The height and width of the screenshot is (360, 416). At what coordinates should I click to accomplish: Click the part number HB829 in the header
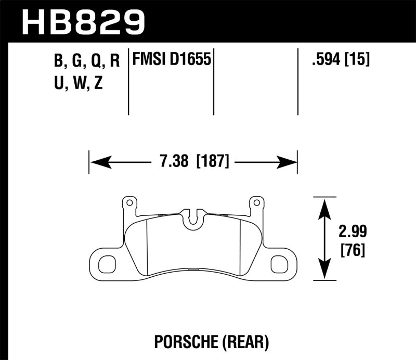83,21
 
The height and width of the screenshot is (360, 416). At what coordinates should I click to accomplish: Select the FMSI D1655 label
172,60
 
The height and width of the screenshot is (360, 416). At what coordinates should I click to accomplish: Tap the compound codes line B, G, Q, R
86,61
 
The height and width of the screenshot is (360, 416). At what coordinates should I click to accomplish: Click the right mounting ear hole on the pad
279,264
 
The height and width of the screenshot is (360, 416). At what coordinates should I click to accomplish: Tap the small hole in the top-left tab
128,202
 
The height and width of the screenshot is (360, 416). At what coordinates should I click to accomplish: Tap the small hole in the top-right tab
255,202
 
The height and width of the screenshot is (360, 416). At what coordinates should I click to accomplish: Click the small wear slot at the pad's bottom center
193,269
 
